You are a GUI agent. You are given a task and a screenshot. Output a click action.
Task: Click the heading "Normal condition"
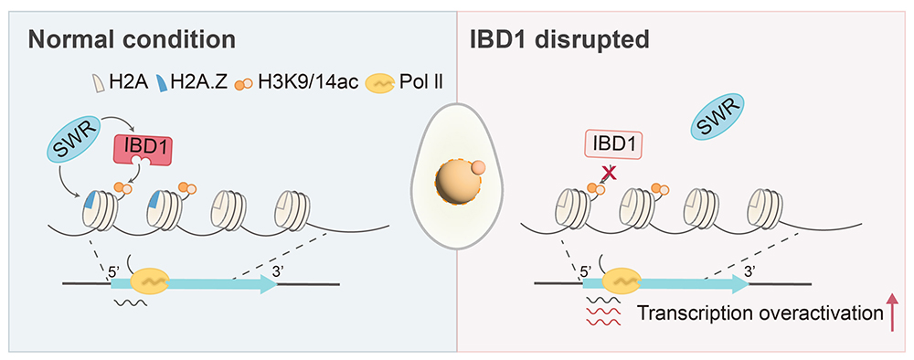coord(133,40)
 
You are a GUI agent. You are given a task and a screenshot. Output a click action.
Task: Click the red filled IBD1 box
coord(142,148)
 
